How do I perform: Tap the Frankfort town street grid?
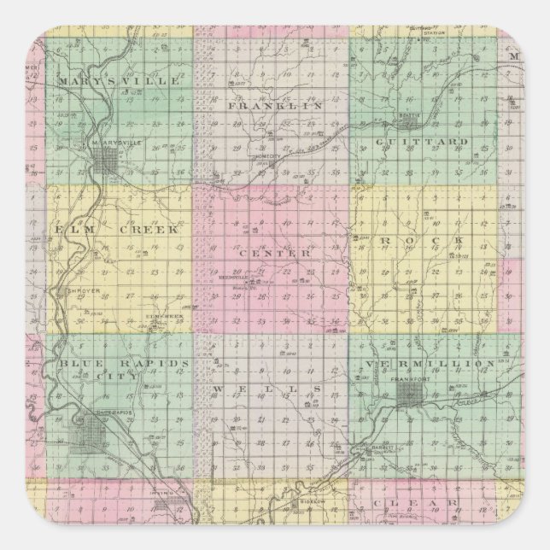click(408, 395)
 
